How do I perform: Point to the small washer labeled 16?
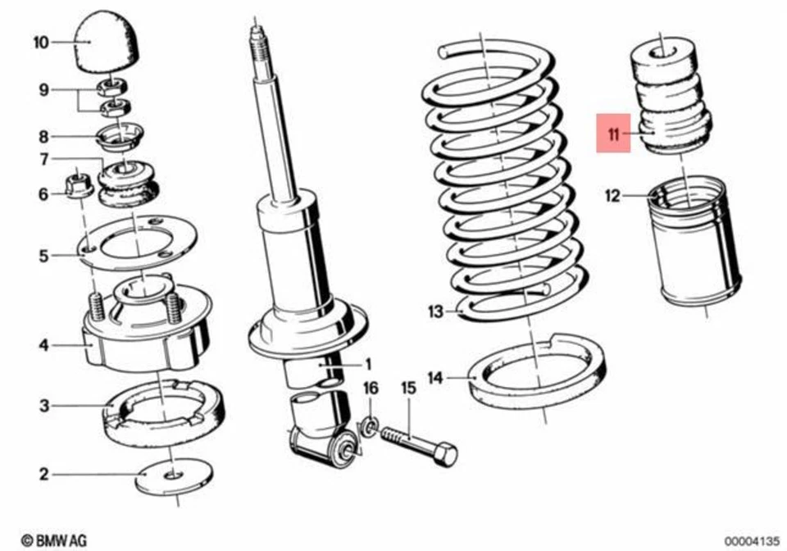coord(370,426)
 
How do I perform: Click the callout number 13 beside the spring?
coord(434,311)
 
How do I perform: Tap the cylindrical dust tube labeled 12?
coord(694,246)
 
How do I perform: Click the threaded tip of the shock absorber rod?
coord(257,41)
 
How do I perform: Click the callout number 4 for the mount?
coord(43,345)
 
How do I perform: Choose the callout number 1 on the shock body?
coord(368,363)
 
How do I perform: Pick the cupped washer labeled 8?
coord(121,135)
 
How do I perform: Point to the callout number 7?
coord(43,158)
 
